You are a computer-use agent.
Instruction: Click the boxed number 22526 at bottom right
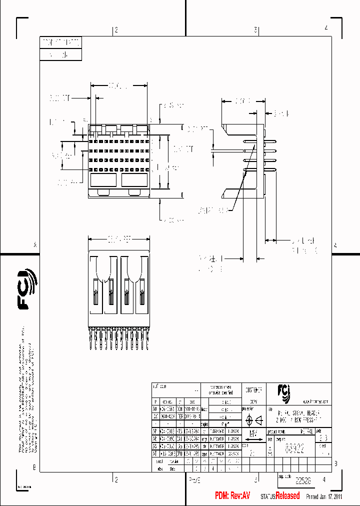coord(302,480)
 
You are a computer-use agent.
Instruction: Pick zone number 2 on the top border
coord(116,30)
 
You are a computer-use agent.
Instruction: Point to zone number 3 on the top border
coord(255,30)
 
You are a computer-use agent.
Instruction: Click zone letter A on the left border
coord(35,245)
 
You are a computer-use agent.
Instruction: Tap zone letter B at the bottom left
coord(34,467)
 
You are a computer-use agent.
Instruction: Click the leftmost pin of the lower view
coord(90,338)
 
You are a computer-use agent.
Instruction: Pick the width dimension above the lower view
coord(119,240)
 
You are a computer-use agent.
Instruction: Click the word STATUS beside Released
coord(267,497)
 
